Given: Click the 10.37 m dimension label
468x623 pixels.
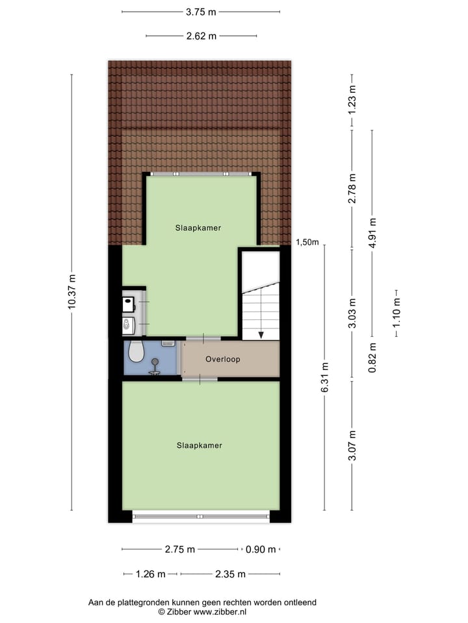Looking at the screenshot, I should [72, 292].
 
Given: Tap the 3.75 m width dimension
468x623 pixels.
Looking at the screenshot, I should [201, 12].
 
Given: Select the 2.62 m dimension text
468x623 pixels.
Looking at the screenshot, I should [201, 36].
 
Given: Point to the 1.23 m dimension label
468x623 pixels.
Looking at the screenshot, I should [352, 101].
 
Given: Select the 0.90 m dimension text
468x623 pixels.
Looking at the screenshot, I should [261, 550].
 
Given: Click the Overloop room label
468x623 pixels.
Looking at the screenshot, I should [223, 359].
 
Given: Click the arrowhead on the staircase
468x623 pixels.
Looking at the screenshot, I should [261, 335].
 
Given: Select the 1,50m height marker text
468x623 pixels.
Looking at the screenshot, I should [307, 243].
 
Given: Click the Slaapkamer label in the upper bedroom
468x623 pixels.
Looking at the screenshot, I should [198, 228].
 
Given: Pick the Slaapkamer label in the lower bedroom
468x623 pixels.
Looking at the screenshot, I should [200, 446].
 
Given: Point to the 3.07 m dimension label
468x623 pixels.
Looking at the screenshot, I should [352, 446].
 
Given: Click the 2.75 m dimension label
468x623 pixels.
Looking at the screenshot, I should [180, 550].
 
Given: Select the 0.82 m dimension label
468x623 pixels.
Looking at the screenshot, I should [372, 358].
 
